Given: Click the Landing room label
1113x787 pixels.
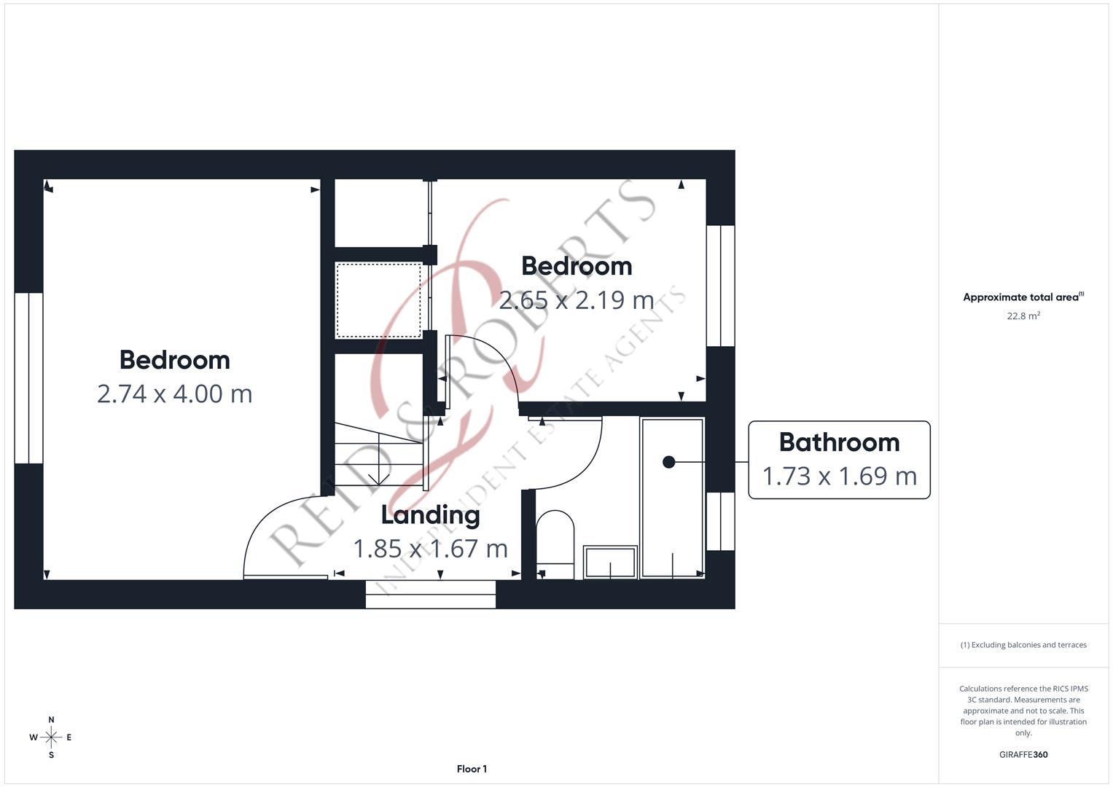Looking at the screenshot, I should (430, 515).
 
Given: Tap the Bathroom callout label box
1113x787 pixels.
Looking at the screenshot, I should (839, 460).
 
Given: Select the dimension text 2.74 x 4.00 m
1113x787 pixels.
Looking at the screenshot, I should (174, 394).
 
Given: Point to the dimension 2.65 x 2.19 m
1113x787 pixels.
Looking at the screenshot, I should (576, 299).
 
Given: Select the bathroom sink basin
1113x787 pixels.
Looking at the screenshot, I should (610, 562).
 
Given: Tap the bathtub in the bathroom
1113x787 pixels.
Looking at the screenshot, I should (672, 498).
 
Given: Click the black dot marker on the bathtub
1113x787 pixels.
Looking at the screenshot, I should (668, 462).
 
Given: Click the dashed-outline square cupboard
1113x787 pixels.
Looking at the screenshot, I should (378, 301).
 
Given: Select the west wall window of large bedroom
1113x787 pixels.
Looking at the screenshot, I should (28, 378).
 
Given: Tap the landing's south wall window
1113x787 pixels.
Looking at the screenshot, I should (430, 594).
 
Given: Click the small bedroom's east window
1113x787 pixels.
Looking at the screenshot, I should (720, 286).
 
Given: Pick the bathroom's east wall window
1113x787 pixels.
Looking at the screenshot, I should (720, 521).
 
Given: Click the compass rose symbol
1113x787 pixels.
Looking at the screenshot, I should (51, 737).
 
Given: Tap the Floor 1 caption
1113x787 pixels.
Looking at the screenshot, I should (472, 769).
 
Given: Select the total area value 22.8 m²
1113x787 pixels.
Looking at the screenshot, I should (1023, 316).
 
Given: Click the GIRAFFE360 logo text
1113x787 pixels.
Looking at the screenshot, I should (1023, 755).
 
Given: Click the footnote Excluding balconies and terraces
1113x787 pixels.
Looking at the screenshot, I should (1023, 645).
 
